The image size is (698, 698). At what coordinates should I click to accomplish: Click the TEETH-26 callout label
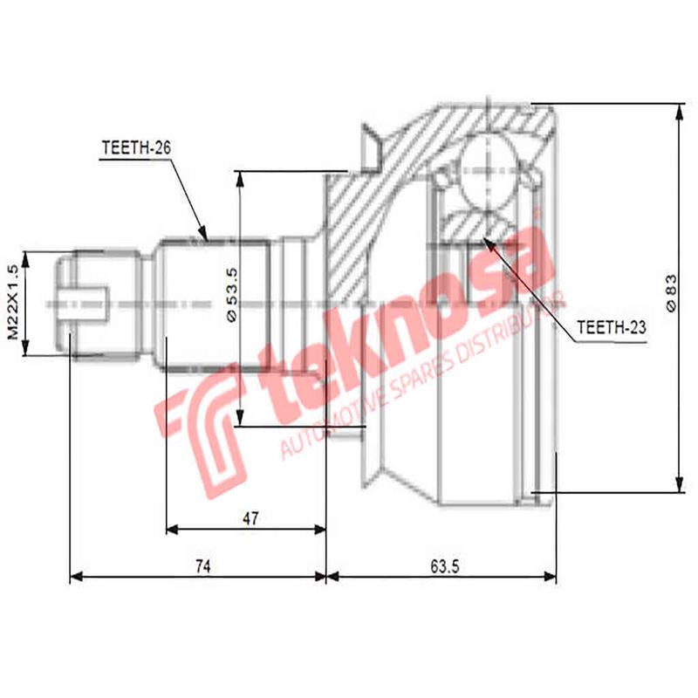[135, 148]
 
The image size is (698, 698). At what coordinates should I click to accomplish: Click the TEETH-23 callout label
[612, 327]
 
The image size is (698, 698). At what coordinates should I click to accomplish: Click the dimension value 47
[250, 518]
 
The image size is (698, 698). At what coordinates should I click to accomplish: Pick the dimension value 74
[202, 566]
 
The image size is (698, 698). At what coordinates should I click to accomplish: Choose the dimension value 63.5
[445, 566]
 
